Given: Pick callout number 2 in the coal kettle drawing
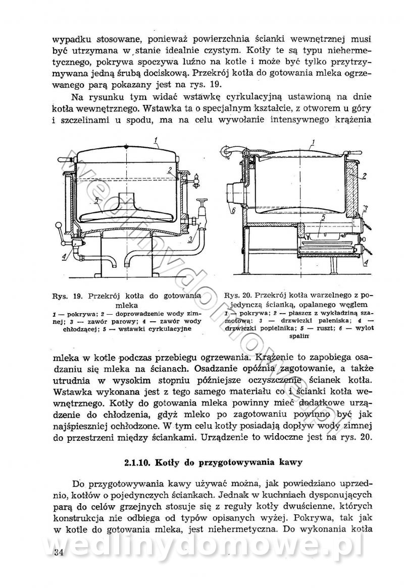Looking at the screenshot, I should [x=363, y=176].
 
